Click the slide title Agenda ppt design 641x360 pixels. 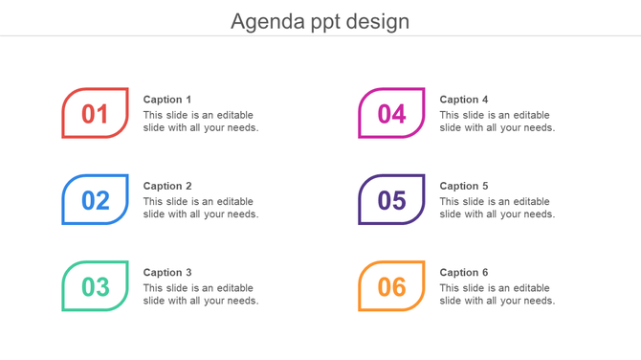[320, 21]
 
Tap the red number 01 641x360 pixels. [95, 114]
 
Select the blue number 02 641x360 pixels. [95, 200]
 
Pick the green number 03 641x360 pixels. [95, 286]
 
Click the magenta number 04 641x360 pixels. [391, 114]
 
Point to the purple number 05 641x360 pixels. [391, 200]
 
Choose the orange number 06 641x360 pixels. [391, 286]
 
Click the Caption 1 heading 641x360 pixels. [167, 100]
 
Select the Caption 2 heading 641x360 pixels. [167, 186]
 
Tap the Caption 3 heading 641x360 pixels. [167, 272]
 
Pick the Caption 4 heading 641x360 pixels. [464, 100]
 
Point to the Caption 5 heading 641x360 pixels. [464, 186]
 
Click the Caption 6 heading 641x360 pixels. [464, 272]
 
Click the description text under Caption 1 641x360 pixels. [201, 122]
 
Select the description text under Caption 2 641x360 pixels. [201, 208]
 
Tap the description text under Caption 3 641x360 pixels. [201, 294]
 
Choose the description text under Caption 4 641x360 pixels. [497, 122]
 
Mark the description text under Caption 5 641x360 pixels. [497, 208]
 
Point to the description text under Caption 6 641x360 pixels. [497, 294]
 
